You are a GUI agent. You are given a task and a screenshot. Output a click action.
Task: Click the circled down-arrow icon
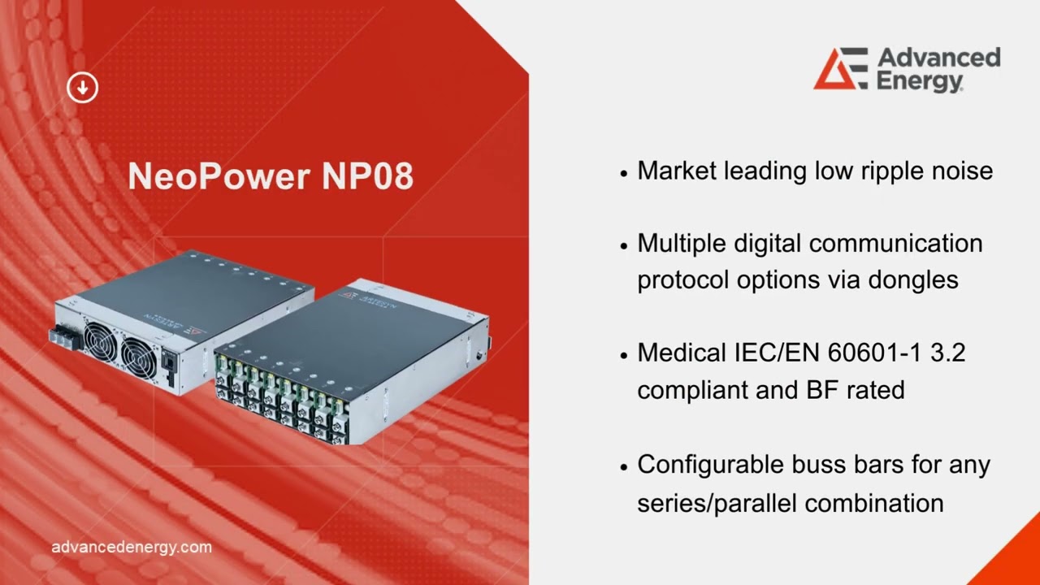coord(82,88)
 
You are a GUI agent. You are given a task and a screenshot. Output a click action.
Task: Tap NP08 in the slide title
coord(367,176)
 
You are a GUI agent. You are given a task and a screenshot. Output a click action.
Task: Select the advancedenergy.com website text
coord(131,547)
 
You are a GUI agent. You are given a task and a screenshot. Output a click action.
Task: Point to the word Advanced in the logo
coord(938,58)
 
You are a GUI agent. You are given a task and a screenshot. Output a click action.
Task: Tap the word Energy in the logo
coord(920,81)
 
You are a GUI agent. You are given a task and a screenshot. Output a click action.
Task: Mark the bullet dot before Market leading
coord(624,172)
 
